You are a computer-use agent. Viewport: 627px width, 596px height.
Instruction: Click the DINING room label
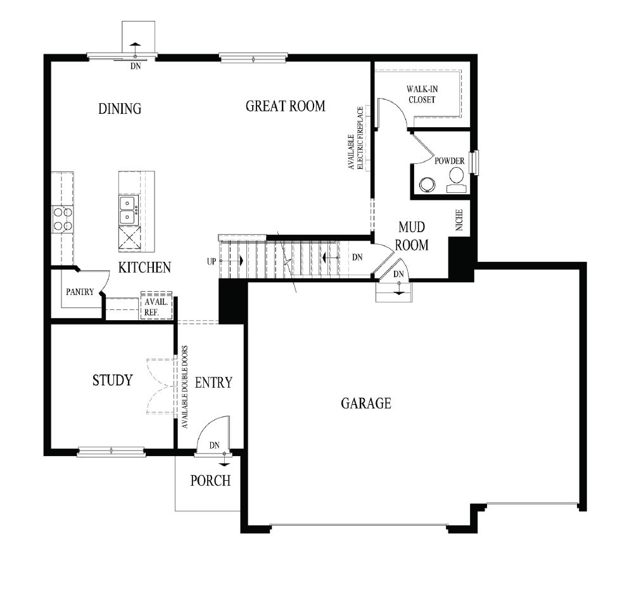(120, 109)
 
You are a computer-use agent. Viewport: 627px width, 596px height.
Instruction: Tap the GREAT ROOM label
(285, 106)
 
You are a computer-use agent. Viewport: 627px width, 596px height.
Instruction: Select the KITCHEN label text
(144, 268)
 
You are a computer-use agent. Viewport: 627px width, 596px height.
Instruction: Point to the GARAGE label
(366, 403)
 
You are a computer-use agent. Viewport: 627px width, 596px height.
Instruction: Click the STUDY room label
(112, 380)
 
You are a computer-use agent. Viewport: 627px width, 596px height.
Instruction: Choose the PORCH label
(210, 481)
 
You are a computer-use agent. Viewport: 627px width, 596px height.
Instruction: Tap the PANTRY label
(80, 292)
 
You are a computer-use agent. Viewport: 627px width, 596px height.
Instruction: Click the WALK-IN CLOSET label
(421, 94)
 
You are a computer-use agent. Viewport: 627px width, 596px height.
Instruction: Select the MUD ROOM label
(412, 236)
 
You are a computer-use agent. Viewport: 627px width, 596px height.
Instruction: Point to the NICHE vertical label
(459, 220)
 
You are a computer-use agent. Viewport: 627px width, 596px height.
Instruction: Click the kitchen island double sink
(129, 210)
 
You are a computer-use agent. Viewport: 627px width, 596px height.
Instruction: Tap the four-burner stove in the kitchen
(62, 219)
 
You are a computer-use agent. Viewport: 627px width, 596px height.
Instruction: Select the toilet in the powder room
(456, 180)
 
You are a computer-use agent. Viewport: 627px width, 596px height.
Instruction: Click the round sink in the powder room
(427, 184)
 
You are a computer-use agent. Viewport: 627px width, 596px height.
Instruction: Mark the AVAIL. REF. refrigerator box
(156, 307)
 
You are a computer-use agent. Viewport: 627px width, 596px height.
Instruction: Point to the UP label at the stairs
(212, 261)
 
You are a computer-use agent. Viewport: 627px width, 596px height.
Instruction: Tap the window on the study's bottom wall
(111, 451)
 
